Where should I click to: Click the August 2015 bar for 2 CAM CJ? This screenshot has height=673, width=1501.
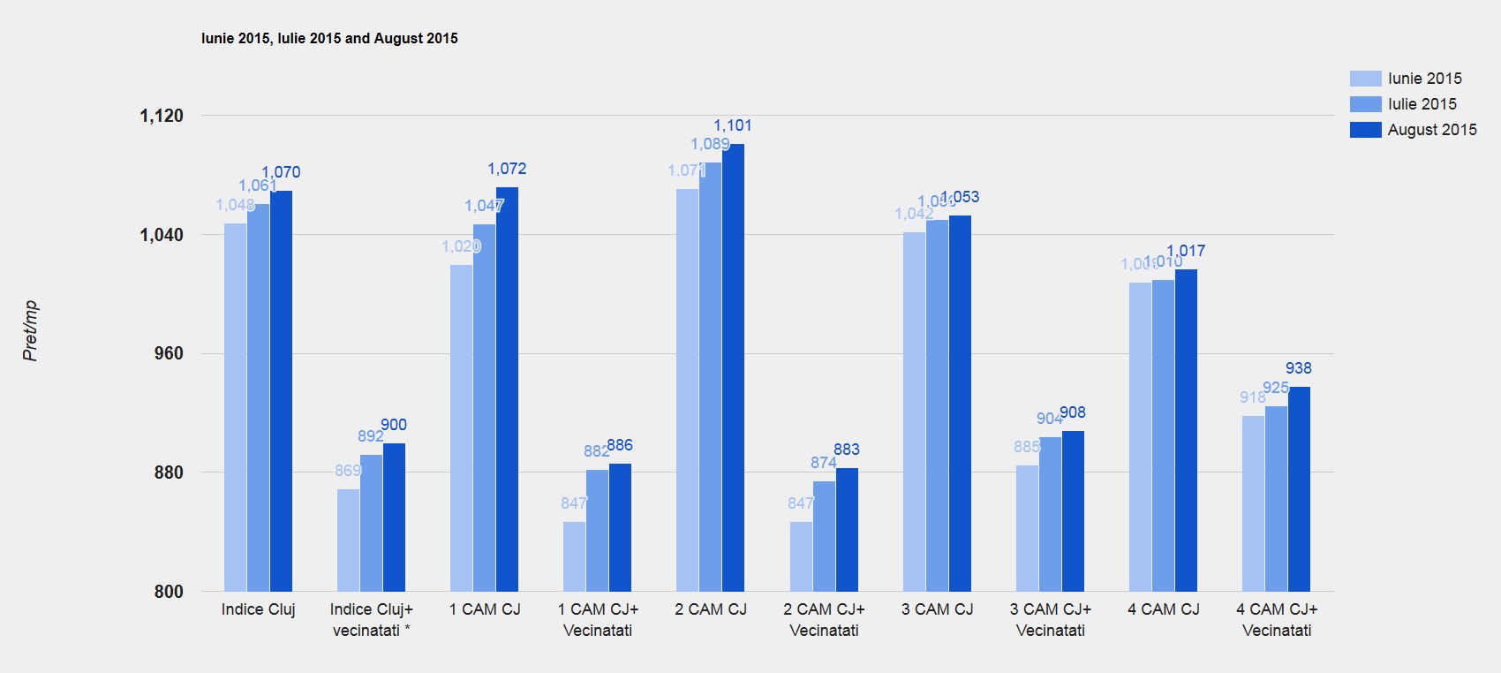733,367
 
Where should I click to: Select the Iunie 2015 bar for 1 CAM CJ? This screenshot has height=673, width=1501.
461,427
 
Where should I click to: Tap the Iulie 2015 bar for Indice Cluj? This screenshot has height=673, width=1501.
258,397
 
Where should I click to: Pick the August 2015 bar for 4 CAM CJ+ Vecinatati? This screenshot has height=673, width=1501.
1299,488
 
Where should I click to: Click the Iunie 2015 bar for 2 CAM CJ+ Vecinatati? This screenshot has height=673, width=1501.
801,556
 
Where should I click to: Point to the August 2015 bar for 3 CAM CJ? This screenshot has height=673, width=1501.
960,403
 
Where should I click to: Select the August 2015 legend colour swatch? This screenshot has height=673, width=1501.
1365,130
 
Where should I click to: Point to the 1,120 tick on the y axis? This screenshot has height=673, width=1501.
162,116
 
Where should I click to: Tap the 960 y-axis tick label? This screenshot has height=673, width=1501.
169,353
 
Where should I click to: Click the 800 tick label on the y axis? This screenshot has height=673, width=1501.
169,592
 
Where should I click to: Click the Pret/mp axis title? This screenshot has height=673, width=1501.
30,331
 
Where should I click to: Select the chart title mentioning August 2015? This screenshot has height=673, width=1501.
329,38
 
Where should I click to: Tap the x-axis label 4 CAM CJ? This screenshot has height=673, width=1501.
1163,609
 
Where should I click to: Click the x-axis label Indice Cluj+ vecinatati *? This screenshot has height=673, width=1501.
371,619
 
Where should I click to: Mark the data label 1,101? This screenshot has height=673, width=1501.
733,125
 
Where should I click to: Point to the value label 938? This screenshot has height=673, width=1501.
1298,368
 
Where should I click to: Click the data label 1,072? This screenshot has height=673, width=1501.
507,169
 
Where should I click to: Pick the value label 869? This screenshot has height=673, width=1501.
348,471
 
